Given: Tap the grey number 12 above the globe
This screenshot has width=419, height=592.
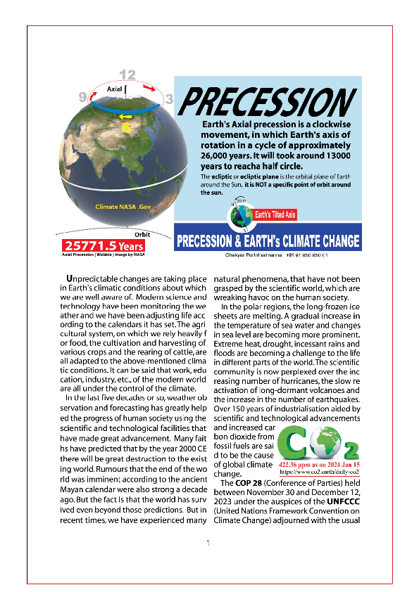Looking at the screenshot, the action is point(127,75).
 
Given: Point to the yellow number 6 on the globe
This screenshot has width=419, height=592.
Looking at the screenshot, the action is point(126,128).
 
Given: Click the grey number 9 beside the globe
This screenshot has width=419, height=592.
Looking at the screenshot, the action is point(82,96).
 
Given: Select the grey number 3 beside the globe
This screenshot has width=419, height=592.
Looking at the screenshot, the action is point(169,99).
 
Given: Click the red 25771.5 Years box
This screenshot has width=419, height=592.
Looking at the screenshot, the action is point(104,246).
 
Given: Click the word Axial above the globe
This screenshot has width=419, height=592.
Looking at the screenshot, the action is point(114,90).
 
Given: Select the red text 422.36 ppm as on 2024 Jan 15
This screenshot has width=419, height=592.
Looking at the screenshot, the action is point(319,465).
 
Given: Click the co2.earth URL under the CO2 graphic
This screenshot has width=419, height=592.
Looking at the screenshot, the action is point(319,473).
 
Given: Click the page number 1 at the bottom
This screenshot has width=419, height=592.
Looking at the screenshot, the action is point(208,543).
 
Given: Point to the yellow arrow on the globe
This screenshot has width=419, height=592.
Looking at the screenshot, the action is point(125,116).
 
